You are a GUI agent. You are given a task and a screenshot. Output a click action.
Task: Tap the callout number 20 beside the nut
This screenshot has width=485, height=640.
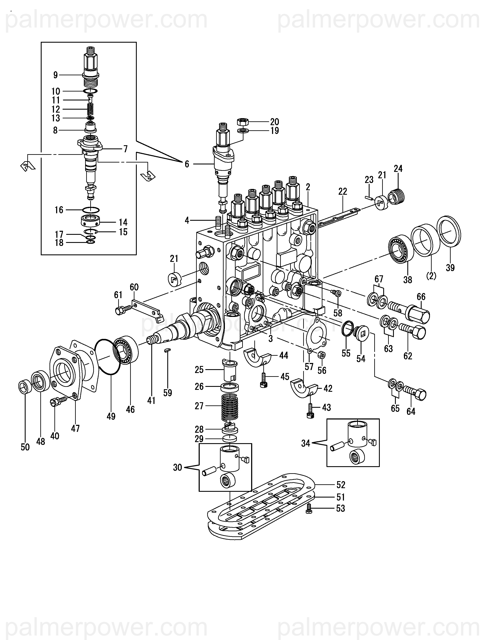[x=274, y=122]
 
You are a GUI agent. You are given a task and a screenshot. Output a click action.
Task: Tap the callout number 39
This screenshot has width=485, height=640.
[x=450, y=268]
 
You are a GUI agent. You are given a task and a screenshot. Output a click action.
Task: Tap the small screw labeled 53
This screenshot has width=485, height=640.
[x=309, y=508]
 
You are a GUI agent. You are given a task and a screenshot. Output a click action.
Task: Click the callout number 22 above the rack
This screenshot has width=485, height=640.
[x=342, y=192]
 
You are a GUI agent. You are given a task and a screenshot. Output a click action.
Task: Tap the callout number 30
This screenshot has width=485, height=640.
[x=178, y=467]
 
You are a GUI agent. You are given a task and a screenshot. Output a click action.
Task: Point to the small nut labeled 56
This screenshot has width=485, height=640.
[x=321, y=355]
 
